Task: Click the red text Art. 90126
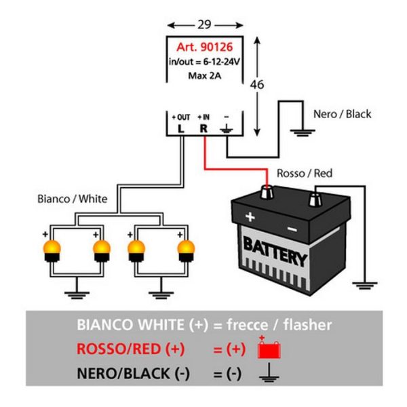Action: tap(205, 47)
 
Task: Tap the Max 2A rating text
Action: tap(205, 76)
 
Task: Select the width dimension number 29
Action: tap(205, 24)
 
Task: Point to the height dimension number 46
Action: tap(257, 85)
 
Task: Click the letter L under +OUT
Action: tap(181, 128)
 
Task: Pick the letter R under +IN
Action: tap(203, 128)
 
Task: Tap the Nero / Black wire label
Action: tap(342, 114)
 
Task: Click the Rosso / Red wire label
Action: tap(305, 173)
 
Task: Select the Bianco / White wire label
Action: tap(73, 199)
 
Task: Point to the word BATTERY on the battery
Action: tap(275, 251)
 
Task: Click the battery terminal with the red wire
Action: tap(267, 192)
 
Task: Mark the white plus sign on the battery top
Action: tap(250, 216)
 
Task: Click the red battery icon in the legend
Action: tap(269, 347)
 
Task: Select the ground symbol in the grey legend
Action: tap(269, 373)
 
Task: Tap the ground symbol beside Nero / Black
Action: tap(303, 133)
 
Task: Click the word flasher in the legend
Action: tap(307, 325)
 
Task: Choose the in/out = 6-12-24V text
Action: tap(205, 62)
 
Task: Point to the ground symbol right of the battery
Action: tap(365, 286)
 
